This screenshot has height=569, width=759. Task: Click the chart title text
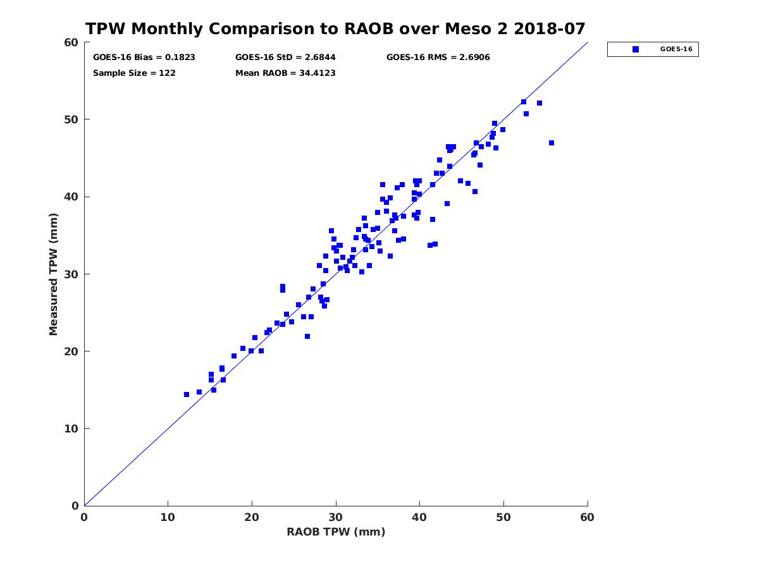click(335, 29)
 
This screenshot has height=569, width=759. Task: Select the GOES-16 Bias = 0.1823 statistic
click(144, 58)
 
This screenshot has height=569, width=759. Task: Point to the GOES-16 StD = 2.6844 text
click(285, 58)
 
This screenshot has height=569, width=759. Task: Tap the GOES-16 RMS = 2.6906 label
click(438, 58)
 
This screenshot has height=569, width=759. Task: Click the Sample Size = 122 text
click(134, 73)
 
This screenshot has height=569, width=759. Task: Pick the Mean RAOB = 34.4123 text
click(285, 73)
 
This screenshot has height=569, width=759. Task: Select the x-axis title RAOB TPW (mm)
click(336, 532)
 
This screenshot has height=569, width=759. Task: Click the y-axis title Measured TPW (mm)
click(54, 274)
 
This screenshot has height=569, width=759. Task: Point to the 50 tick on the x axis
click(503, 517)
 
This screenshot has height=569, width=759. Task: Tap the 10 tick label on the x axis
click(168, 517)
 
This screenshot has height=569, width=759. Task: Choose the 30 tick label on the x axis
click(336, 517)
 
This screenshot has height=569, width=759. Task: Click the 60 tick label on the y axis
click(71, 42)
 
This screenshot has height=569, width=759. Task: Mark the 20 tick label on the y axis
click(71, 352)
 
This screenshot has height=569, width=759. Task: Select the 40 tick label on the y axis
click(71, 197)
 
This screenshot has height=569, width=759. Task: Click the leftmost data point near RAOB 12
click(187, 395)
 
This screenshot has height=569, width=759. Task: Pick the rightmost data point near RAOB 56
click(552, 143)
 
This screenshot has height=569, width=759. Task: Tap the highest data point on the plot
click(524, 102)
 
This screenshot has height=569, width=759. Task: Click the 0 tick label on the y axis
click(75, 506)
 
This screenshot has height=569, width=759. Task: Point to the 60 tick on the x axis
click(588, 517)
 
